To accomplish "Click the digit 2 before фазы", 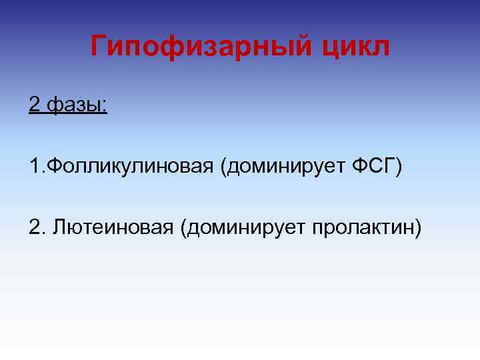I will (x=34, y=105).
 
